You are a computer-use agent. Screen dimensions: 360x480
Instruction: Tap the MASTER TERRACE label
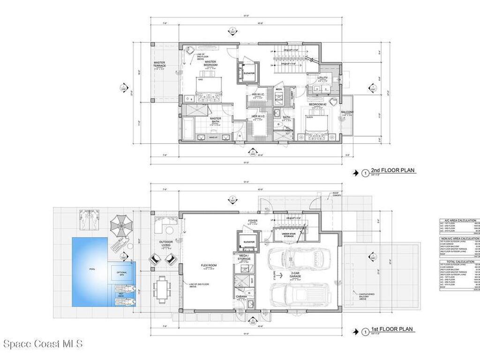(x=160, y=64)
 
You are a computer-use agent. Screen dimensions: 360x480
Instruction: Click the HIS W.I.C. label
(x=258, y=95)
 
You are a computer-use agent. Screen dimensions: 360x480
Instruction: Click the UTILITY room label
(x=322, y=78)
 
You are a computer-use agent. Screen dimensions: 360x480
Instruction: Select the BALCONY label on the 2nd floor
(x=347, y=112)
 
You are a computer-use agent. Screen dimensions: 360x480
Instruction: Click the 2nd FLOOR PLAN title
(x=394, y=171)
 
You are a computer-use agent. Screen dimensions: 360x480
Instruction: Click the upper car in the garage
(x=299, y=258)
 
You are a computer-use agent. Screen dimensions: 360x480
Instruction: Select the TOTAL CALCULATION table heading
(x=459, y=262)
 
